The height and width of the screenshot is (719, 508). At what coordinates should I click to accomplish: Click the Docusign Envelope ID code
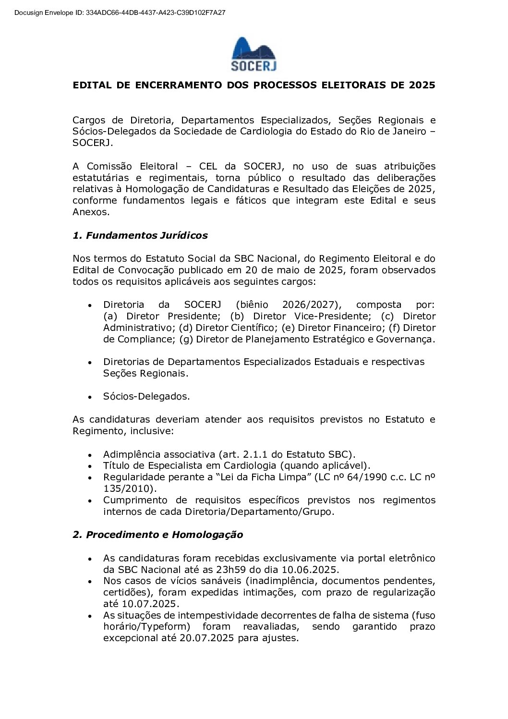point(156,12)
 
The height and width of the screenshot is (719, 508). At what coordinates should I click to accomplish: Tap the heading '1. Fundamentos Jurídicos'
point(140,235)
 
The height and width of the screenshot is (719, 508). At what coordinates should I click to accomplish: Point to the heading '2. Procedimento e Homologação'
point(158,535)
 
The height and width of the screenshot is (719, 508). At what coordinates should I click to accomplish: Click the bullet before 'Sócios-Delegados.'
point(90,397)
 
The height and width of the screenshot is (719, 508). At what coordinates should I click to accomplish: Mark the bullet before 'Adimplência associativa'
point(90,455)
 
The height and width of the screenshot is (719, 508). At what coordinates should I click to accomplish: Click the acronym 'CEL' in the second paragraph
point(208,166)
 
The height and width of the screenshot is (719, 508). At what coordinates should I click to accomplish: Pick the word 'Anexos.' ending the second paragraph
point(91,212)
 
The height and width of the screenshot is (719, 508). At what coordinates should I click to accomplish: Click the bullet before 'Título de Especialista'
point(90,466)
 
